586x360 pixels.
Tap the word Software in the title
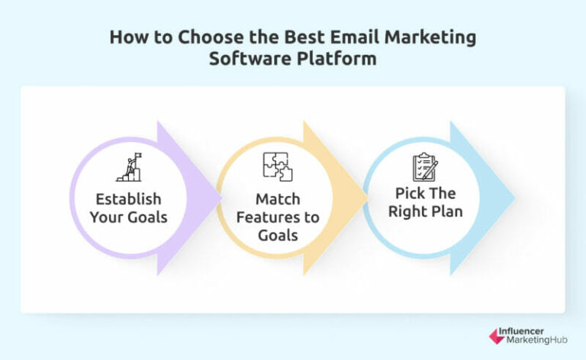(244, 59)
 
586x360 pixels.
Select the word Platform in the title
(340, 59)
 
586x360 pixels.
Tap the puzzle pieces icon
(277, 167)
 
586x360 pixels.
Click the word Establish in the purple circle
(128, 199)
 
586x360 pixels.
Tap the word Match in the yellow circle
(278, 200)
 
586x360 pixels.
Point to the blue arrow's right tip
(515, 198)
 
